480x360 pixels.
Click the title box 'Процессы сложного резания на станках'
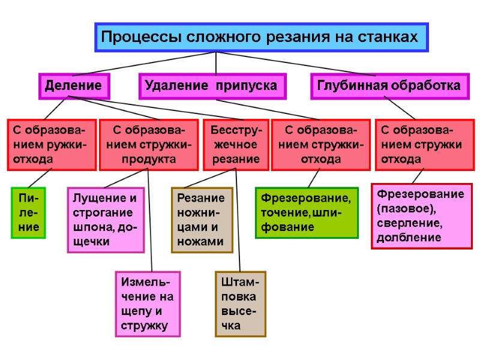[262, 37]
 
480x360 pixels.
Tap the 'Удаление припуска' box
[212, 86]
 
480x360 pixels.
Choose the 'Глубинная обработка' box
[389, 86]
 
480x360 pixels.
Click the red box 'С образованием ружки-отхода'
[52, 145]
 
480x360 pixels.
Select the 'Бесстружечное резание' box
[235, 145]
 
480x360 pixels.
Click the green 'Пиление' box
[28, 212]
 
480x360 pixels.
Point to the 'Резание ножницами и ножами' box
[202, 220]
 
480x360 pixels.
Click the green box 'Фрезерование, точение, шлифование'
[306, 212]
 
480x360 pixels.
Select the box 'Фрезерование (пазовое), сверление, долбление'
[422, 215]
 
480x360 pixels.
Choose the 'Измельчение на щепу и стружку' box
[147, 304]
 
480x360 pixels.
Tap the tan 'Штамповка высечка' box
[240, 304]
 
